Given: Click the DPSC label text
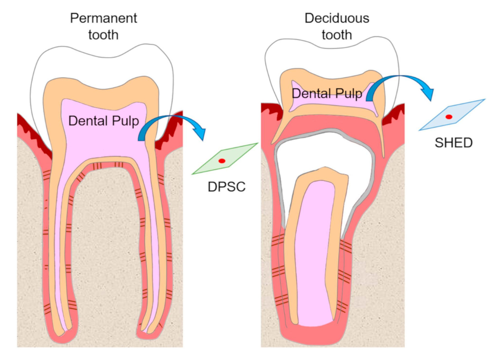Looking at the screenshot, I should tap(226, 186).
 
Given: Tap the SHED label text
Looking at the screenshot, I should tap(453, 142).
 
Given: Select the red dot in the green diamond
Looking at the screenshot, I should tap(222, 161).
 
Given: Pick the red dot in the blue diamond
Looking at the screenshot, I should tap(449, 117).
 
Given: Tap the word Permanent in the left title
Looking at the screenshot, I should tap(103, 19).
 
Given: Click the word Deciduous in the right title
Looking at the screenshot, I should tap(337, 19).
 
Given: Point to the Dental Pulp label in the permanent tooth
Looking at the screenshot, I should tap(103, 121).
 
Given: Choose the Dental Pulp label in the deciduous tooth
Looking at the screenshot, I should tap(327, 94).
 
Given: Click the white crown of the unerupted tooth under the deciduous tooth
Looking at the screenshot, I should tap(326, 155).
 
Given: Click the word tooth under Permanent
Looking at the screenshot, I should tap(103, 35).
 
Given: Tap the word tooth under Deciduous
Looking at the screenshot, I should tap(337, 35).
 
